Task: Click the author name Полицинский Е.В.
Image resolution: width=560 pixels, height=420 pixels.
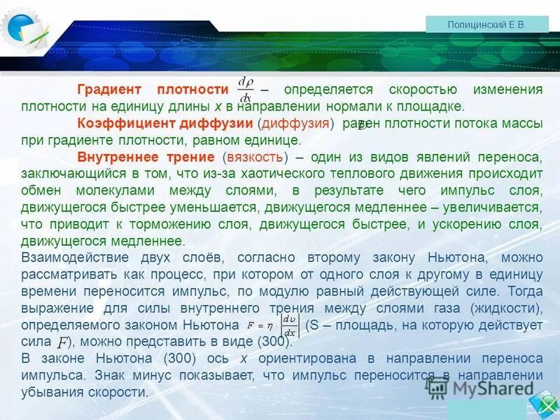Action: [x=486, y=24]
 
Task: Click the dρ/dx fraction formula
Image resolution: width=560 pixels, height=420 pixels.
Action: [x=245, y=90]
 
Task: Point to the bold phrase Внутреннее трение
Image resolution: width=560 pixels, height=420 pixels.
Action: [x=146, y=157]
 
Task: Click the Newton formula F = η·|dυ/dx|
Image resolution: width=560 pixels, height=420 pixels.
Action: [x=273, y=325]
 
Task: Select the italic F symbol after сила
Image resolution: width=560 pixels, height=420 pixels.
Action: [x=62, y=342]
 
